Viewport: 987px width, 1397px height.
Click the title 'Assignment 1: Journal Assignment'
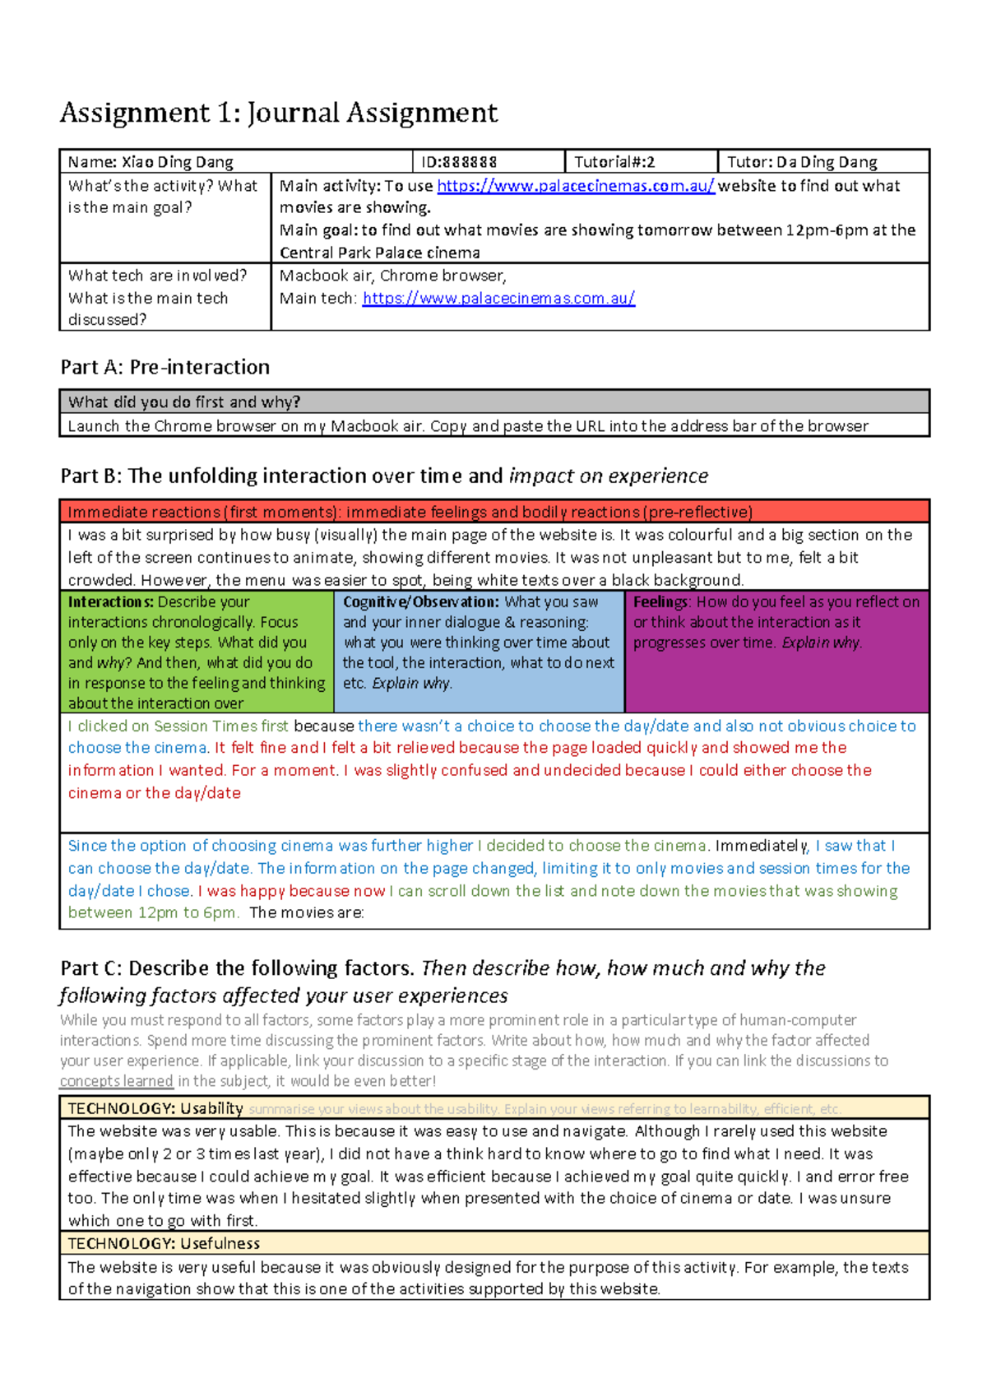279,113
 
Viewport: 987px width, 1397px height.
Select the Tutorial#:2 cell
614,162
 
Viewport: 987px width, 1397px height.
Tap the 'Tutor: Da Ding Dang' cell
802,162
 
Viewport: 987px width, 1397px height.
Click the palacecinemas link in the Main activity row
575,186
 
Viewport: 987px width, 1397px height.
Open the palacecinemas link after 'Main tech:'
498,298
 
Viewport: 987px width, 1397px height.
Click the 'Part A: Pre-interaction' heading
165,367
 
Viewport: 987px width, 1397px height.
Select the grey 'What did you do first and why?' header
184,402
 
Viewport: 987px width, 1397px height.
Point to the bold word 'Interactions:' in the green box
110,602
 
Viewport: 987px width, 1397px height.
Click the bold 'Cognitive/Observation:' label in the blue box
420,602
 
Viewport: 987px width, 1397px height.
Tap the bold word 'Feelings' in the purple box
660,602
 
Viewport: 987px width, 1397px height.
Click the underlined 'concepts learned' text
116,1081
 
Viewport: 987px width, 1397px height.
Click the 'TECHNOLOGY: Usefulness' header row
164,1243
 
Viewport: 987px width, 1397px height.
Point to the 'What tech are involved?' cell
157,276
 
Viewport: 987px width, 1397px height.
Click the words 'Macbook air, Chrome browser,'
392,276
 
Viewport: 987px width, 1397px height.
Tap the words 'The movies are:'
306,912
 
